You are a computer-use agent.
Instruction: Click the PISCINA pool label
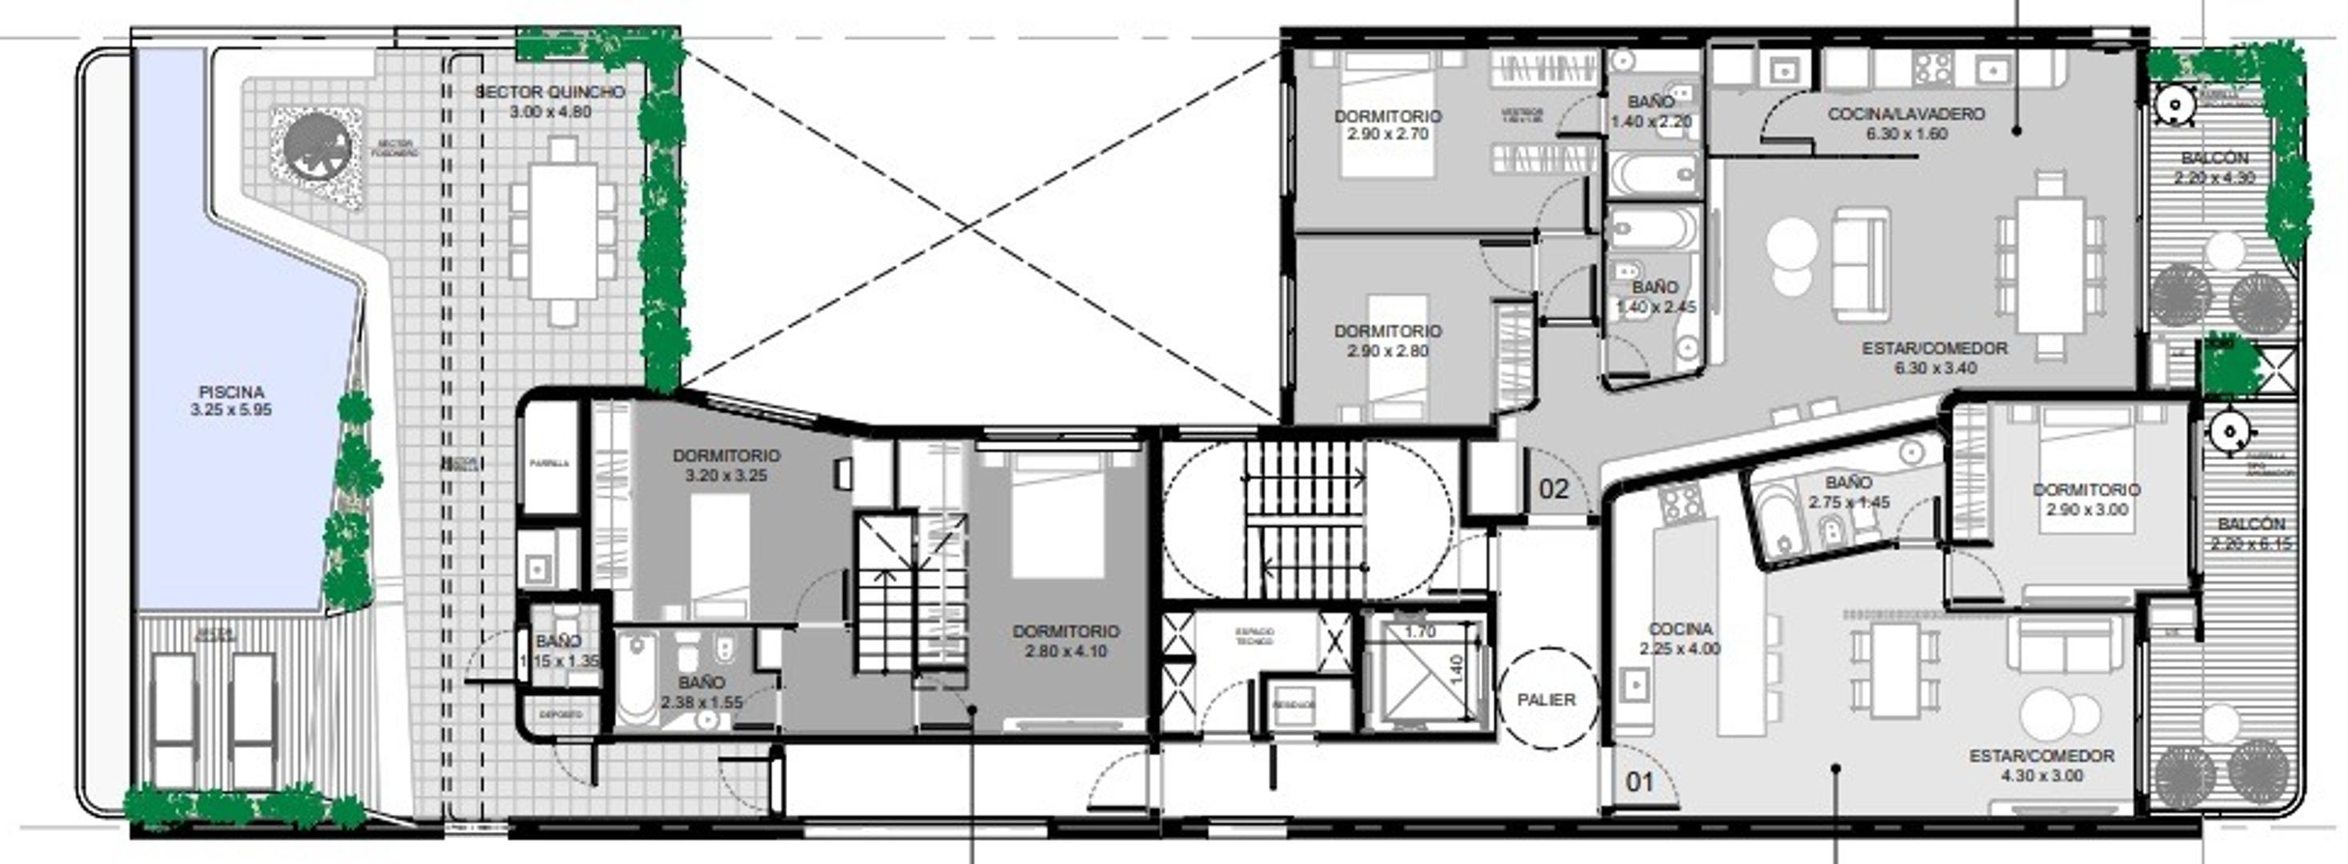230,392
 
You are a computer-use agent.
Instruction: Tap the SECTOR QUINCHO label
550,92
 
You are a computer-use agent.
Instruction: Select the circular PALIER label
1546,700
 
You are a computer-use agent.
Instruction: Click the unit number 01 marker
1640,781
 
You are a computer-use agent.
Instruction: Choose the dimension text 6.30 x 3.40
1935,368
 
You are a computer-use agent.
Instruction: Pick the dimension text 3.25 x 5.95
230,410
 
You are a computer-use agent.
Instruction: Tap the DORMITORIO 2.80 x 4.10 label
1065,631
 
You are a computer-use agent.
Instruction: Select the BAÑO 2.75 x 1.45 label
1849,483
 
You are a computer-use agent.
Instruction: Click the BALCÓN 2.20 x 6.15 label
2251,525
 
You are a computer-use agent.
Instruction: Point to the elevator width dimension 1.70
1420,631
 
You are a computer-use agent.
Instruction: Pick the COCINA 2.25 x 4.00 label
1680,630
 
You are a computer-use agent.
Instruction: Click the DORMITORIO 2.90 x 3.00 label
2086,490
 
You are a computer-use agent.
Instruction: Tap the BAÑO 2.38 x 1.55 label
701,682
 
